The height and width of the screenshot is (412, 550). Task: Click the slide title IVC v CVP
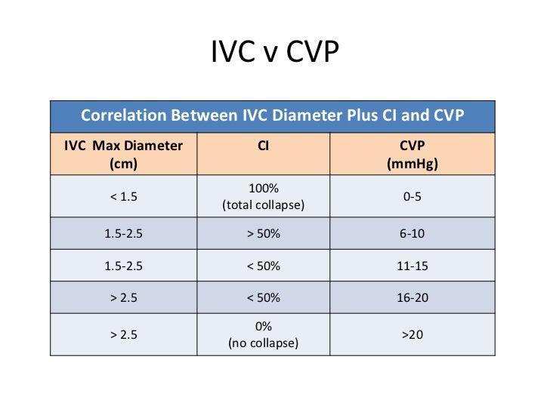pos(274,54)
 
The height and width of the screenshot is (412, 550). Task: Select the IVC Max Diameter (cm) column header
pos(123,154)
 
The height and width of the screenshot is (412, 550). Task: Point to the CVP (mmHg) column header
pos(412,154)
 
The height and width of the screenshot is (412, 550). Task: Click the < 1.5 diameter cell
pos(123,196)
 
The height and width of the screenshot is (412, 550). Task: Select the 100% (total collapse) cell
pos(263,196)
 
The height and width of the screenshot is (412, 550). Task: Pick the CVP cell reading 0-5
pos(412,196)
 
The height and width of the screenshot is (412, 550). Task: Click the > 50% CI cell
pos(263,233)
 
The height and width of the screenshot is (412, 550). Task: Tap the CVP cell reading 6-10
pos(412,233)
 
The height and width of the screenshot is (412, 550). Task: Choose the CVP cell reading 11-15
pos(412,266)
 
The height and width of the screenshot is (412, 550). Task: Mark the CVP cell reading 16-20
pos(412,297)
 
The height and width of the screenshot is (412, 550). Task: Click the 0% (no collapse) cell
pos(263,334)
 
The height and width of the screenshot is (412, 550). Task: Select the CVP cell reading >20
pos(412,334)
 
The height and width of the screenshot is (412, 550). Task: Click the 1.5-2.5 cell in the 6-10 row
pos(123,233)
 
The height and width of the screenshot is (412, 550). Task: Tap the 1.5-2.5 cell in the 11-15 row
pos(123,266)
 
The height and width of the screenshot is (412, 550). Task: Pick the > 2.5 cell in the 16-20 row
pos(123,297)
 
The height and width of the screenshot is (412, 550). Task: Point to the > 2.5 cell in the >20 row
pos(123,334)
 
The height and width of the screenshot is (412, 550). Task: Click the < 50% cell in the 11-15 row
pos(263,266)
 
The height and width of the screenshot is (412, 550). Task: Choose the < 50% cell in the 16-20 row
pos(263,297)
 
